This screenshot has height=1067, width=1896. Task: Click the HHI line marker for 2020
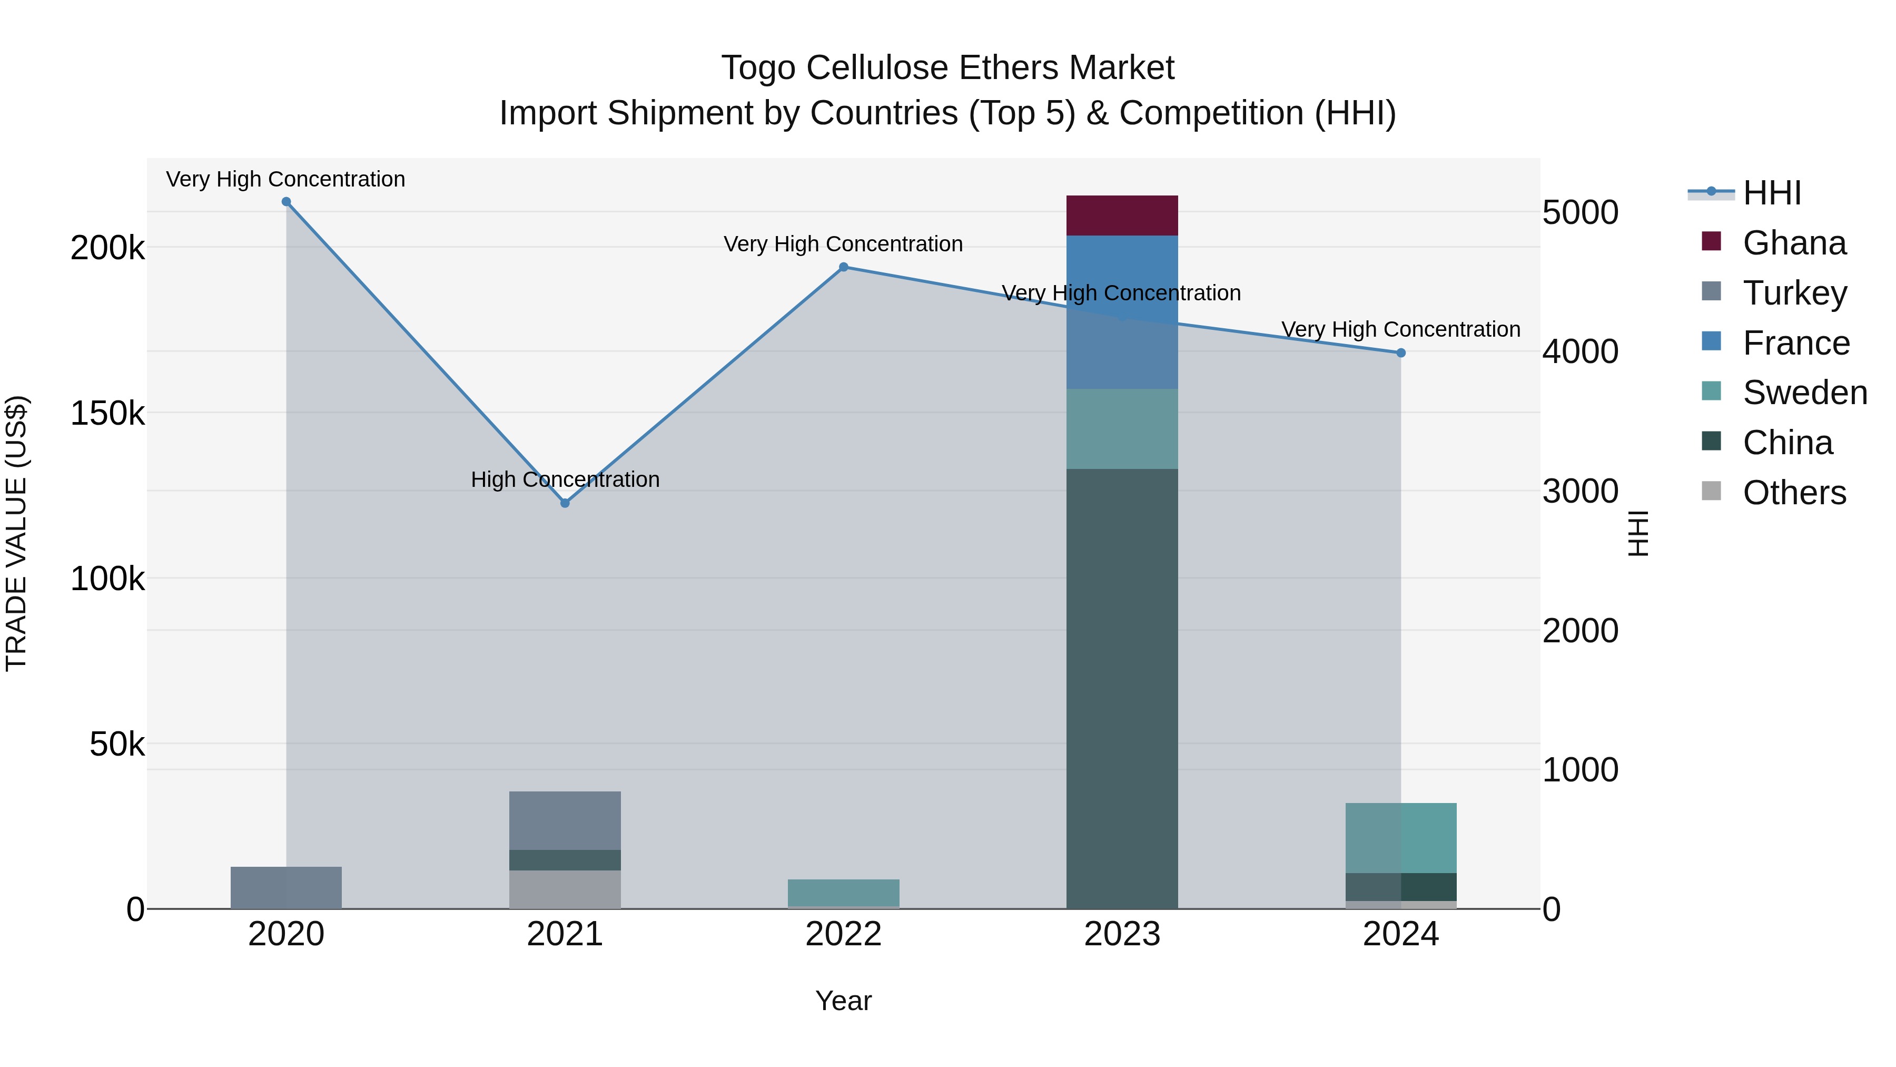click(x=287, y=202)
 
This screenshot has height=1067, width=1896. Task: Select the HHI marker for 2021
click(x=565, y=503)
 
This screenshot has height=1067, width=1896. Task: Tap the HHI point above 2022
click(x=844, y=267)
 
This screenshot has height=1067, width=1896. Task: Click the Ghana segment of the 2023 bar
click(x=1122, y=216)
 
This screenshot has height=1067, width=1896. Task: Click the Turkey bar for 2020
click(x=287, y=887)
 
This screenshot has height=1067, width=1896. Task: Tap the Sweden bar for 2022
click(x=844, y=893)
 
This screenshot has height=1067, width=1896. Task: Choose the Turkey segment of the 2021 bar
click(x=565, y=820)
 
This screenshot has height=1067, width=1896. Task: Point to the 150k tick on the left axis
click(x=107, y=414)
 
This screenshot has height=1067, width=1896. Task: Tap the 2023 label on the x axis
click(x=1122, y=934)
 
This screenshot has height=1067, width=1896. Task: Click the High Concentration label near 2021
click(x=565, y=479)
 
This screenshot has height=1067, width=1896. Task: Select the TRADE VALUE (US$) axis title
click(x=16, y=533)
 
